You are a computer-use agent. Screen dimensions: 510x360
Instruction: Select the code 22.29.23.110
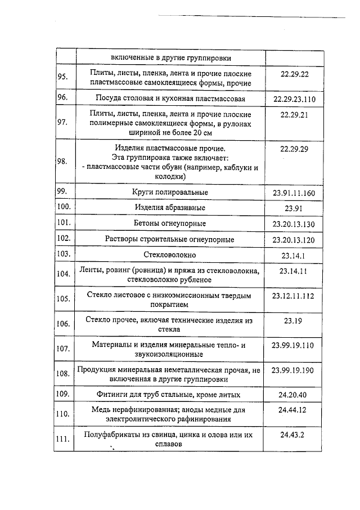(x=294, y=100)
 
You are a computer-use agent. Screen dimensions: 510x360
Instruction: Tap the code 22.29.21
(x=294, y=114)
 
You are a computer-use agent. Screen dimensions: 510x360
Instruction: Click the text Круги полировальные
(x=170, y=193)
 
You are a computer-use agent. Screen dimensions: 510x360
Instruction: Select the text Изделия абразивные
(x=170, y=208)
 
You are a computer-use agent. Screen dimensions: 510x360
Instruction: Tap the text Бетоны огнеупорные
(x=170, y=223)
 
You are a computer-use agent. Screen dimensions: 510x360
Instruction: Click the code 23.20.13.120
(x=294, y=239)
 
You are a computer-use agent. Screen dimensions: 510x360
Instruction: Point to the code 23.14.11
(x=294, y=271)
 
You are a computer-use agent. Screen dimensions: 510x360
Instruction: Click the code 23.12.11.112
(x=294, y=295)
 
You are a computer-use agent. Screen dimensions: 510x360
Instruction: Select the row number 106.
(x=64, y=324)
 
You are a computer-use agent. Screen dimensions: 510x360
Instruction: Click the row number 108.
(x=64, y=373)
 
